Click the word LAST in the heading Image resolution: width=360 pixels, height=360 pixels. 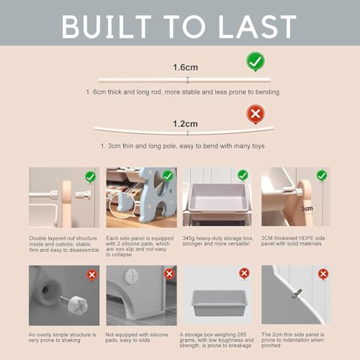tap(257, 27)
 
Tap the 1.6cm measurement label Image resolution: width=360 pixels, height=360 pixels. tap(185, 67)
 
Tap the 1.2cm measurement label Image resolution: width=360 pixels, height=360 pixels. tap(185, 124)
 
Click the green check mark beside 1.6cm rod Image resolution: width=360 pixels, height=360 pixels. tap(256, 62)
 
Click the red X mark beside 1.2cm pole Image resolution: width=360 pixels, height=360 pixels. tap(256, 114)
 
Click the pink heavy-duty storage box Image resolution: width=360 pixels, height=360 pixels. tap(218, 198)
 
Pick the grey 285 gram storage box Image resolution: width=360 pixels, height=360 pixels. tap(220, 303)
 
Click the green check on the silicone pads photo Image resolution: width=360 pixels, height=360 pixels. tap(168, 176)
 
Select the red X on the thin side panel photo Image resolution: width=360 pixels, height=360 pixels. tap(323, 274)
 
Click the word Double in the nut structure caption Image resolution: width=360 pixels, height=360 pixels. tap(37, 238)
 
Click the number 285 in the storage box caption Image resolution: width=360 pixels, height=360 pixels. tap(242, 335)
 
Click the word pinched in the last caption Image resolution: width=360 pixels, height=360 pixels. tap(271, 346)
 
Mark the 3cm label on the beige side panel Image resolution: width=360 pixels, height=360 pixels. tap(307, 209)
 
